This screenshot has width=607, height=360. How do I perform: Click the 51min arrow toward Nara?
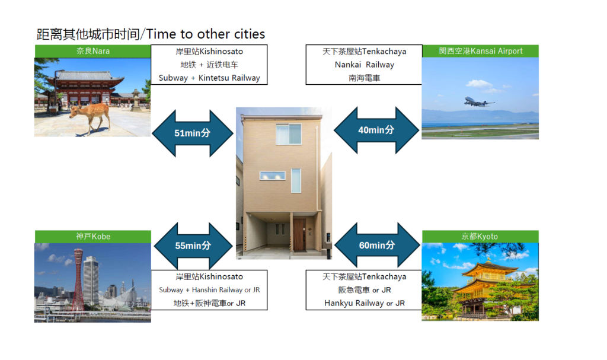point(193,133)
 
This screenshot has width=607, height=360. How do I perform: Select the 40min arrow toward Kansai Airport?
point(376,130)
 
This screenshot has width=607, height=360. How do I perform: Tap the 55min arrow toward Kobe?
point(193,246)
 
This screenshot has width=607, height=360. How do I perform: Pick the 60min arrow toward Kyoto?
point(377,246)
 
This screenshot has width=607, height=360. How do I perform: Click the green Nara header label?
point(93,51)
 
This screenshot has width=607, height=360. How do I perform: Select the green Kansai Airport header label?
point(480,51)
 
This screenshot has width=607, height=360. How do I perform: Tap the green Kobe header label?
point(93,237)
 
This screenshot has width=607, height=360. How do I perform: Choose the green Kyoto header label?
point(480,237)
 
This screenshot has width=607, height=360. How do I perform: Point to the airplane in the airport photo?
point(479,102)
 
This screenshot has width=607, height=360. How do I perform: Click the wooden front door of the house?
point(299,235)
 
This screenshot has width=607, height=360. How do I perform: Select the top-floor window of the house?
point(289,134)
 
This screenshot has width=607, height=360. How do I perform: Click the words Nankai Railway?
point(365,65)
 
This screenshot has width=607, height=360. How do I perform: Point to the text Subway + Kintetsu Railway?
point(209,78)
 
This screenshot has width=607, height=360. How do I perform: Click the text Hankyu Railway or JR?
point(365,303)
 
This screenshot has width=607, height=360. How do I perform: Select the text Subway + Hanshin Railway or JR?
point(209,290)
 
